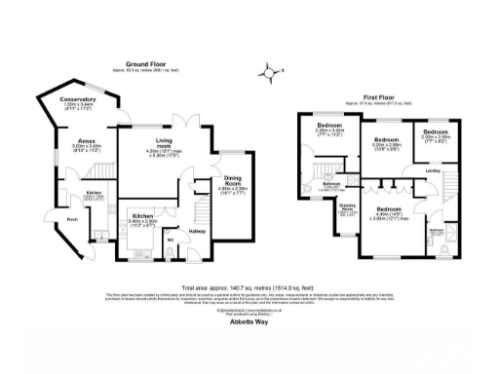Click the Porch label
click(45, 219)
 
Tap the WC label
click(171, 238)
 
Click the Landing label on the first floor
click(432, 174)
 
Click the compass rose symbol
click(268, 69)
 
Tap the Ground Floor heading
click(150, 60)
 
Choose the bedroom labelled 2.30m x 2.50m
click(435, 131)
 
